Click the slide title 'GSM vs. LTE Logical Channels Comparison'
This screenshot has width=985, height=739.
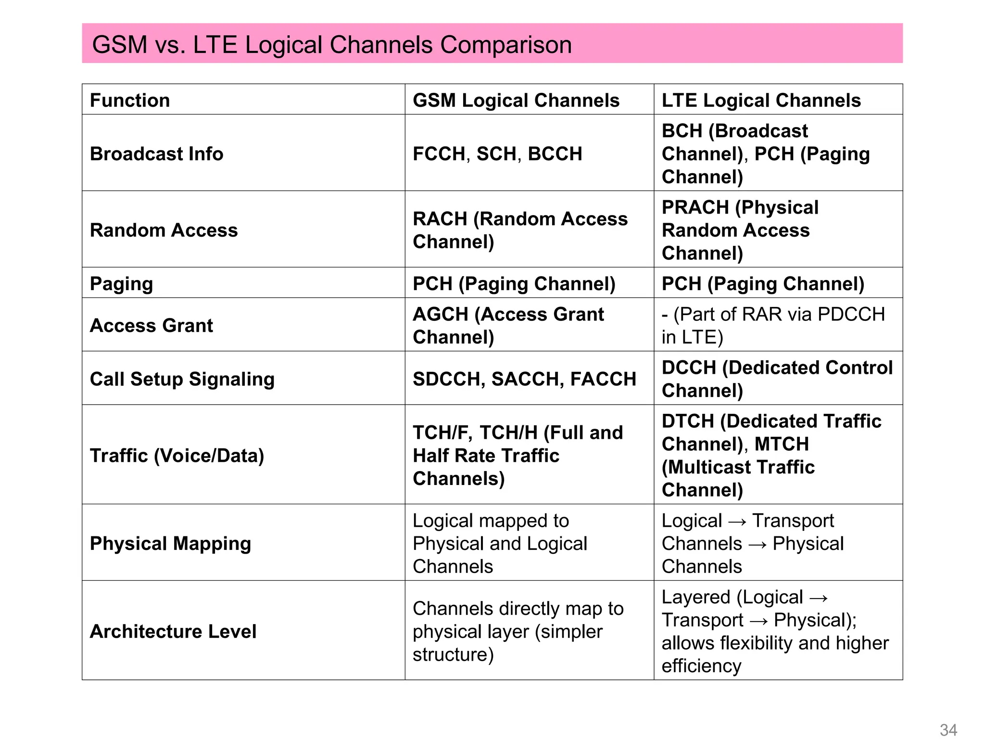pos(332,44)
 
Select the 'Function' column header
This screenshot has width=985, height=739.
pos(130,100)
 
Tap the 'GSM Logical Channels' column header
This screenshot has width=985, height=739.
pos(516,100)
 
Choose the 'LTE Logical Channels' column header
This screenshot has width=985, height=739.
pos(761,100)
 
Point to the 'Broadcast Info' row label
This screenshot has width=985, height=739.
pos(156,153)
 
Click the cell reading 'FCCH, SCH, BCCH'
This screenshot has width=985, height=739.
pos(497,153)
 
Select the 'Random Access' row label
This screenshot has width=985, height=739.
pos(164,230)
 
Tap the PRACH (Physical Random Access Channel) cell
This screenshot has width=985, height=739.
pos(740,230)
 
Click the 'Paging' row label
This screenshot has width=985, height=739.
pos(121,283)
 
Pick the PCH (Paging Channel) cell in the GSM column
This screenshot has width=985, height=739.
pos(514,283)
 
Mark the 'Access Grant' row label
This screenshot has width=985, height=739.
pos(151,325)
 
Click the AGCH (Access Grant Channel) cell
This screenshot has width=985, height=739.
pos(508,325)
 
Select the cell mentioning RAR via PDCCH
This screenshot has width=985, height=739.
pos(773,325)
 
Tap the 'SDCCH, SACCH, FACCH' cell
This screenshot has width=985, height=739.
pos(524,379)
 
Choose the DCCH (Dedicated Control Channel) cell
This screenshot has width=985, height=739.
pos(777,379)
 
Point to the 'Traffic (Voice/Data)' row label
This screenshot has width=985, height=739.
pos(177,455)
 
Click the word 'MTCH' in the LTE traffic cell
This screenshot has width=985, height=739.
pos(782,444)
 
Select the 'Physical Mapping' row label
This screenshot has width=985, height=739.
pos(170,543)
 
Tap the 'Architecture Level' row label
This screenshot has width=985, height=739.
pos(173,631)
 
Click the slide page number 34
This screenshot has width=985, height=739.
pos(948,729)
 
